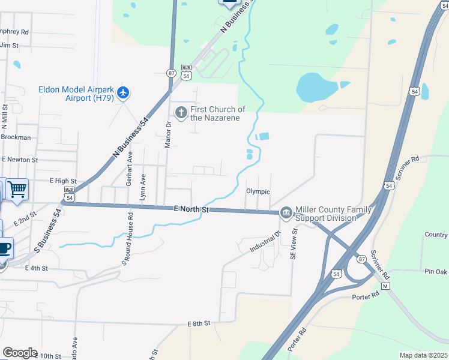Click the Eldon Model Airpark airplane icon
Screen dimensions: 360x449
pyautogui.click(x=124, y=92)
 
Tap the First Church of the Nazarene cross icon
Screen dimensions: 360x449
pyautogui.click(x=181, y=112)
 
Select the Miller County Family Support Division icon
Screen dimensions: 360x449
pyautogui.click(x=285, y=212)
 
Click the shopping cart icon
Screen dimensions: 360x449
pyautogui.click(x=17, y=189)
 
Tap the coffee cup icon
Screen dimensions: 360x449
pyautogui.click(x=4, y=247)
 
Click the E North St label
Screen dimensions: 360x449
pyautogui.click(x=191, y=209)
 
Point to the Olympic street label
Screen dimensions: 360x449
pyautogui.click(x=258, y=191)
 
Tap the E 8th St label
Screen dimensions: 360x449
pyautogui.click(x=198, y=323)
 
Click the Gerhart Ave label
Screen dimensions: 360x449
pyautogui.click(x=128, y=175)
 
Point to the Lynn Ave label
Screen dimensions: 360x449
pyautogui.click(x=143, y=186)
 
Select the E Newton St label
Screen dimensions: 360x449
pyautogui.click(x=20, y=160)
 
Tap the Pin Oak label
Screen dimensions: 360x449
pyautogui.click(x=436, y=272)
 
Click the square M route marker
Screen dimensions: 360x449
pyautogui.click(x=386, y=286)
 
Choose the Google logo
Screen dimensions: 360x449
pyautogui.click(x=20, y=353)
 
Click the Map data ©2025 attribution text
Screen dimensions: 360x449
pyautogui.click(x=423, y=355)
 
